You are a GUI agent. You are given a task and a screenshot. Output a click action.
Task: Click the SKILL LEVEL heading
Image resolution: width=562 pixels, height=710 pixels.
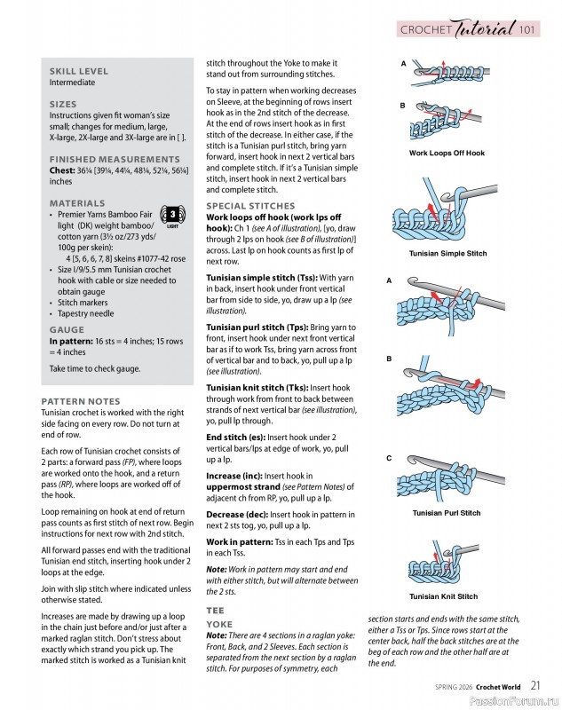click(79, 71)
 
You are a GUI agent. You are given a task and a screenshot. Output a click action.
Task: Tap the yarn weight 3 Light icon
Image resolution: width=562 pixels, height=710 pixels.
click(173, 216)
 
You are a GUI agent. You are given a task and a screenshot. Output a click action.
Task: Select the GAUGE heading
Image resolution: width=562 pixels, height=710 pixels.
click(67, 329)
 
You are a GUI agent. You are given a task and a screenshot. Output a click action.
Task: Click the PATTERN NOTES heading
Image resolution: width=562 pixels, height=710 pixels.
click(81, 401)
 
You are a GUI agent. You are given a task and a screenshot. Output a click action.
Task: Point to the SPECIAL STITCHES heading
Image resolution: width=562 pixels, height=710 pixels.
click(250, 206)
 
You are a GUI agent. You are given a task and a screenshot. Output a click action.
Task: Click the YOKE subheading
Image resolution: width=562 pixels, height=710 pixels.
click(218, 624)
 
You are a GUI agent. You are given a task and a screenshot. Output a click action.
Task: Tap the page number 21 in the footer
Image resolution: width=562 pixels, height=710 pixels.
click(536, 684)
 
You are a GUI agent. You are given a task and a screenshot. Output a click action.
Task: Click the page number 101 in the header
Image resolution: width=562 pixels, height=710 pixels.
click(527, 30)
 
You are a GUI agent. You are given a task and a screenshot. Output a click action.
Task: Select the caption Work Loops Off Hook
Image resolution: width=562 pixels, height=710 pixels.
click(447, 153)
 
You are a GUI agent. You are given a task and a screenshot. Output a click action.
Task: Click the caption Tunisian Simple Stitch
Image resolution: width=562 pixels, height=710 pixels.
click(447, 254)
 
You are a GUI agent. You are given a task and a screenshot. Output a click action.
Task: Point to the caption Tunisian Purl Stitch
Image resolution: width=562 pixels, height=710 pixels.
click(447, 513)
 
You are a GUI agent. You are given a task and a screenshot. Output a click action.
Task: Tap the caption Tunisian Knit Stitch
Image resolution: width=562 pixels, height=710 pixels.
click(443, 596)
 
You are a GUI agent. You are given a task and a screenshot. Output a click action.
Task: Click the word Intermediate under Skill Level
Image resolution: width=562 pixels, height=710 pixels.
click(72, 83)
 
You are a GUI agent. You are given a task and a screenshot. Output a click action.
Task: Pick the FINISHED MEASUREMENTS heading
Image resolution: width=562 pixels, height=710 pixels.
click(103, 159)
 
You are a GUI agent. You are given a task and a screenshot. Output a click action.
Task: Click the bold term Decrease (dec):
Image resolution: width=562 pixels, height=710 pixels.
click(236, 515)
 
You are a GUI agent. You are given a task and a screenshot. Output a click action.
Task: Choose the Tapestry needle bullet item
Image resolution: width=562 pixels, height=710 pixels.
click(86, 313)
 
